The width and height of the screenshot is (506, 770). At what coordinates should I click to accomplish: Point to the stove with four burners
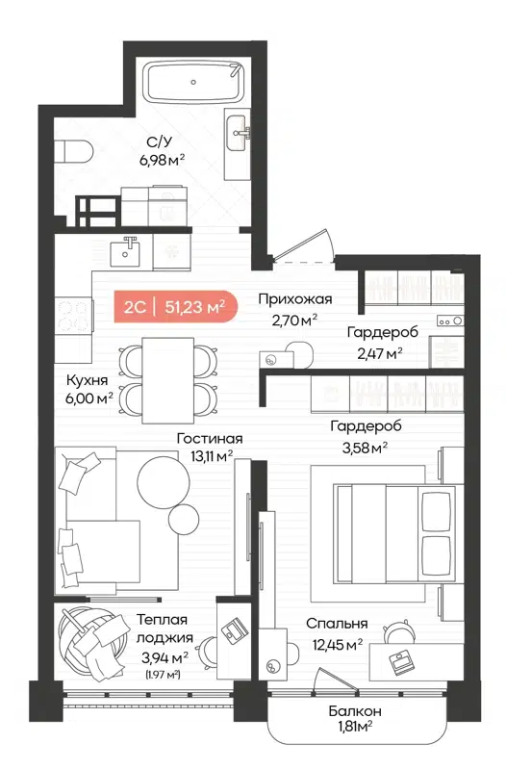[74, 316]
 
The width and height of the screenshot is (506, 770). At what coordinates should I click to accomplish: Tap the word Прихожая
[294, 298]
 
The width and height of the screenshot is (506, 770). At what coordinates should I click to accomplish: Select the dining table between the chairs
[167, 380]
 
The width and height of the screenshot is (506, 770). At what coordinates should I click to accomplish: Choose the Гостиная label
[210, 439]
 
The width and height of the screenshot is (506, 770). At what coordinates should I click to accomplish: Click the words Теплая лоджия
[161, 629]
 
